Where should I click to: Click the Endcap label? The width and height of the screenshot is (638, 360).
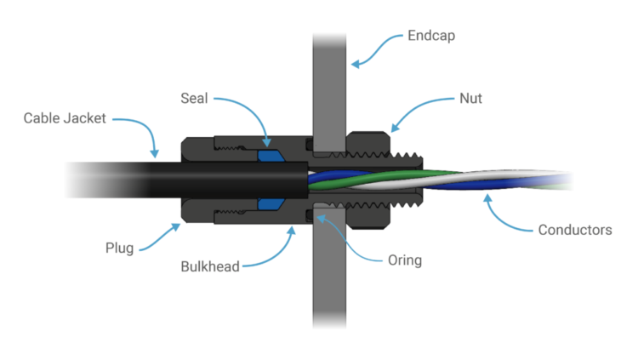(431, 36)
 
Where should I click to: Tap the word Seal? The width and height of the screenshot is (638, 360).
(194, 98)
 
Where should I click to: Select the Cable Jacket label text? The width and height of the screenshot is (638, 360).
(65, 118)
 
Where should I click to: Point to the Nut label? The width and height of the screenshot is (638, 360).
(470, 98)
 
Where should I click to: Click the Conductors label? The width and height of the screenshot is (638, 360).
(575, 230)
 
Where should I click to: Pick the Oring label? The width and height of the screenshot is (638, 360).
(405, 260)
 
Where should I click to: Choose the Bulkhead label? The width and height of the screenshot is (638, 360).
(210, 266)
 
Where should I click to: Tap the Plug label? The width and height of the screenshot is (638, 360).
(119, 248)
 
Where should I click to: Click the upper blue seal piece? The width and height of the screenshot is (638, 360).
(271, 156)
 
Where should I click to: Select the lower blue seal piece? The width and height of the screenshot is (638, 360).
(271, 204)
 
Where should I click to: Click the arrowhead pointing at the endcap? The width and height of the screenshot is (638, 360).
(356, 64)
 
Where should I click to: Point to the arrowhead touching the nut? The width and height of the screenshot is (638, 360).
(395, 128)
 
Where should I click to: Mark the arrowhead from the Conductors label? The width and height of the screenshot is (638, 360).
(487, 199)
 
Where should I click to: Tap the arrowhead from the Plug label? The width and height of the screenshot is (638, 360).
(176, 226)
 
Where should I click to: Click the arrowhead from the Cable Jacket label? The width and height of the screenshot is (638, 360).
(155, 153)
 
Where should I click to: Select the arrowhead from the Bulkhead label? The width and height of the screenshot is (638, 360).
(291, 231)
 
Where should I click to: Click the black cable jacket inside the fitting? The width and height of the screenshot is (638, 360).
(244, 180)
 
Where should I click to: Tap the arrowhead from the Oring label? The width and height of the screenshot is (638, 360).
(321, 219)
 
